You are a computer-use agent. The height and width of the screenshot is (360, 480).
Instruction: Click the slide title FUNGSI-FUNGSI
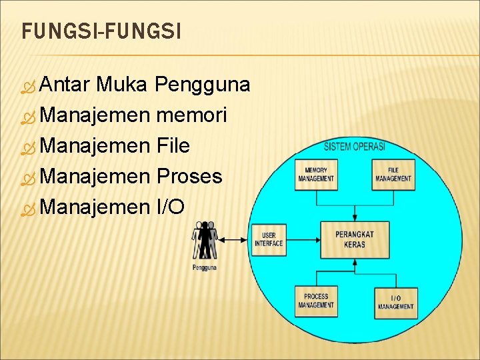coord(101,31)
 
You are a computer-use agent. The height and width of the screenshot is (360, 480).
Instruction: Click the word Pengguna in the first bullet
coord(203,85)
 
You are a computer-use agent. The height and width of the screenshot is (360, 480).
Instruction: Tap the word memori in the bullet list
coord(191,115)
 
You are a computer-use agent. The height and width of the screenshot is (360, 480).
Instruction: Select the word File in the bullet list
coord(173,145)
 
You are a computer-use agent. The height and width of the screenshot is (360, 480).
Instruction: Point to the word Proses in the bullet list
coord(189,176)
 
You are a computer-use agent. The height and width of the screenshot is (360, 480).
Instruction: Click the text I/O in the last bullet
coord(170,207)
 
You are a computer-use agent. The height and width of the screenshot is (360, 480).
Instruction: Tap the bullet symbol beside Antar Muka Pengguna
coord(28,86)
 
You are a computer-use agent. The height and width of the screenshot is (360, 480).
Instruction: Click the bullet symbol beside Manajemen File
coord(28,147)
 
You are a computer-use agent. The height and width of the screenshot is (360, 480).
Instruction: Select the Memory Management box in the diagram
coord(317,175)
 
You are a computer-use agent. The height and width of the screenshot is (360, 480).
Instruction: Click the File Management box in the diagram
coord(393,175)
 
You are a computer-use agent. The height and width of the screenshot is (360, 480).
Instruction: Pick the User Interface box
coord(269,240)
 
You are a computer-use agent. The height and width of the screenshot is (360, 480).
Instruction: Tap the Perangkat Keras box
coord(355,240)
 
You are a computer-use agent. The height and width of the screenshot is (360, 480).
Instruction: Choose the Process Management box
coord(317,301)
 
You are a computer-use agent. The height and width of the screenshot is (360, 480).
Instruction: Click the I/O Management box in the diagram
coord(395,303)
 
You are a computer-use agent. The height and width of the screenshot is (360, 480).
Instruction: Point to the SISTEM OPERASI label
coord(355,147)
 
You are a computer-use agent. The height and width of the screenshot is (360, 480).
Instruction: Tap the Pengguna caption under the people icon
coord(204,268)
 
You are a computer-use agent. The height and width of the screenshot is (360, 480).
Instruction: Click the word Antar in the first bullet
coord(65,85)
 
